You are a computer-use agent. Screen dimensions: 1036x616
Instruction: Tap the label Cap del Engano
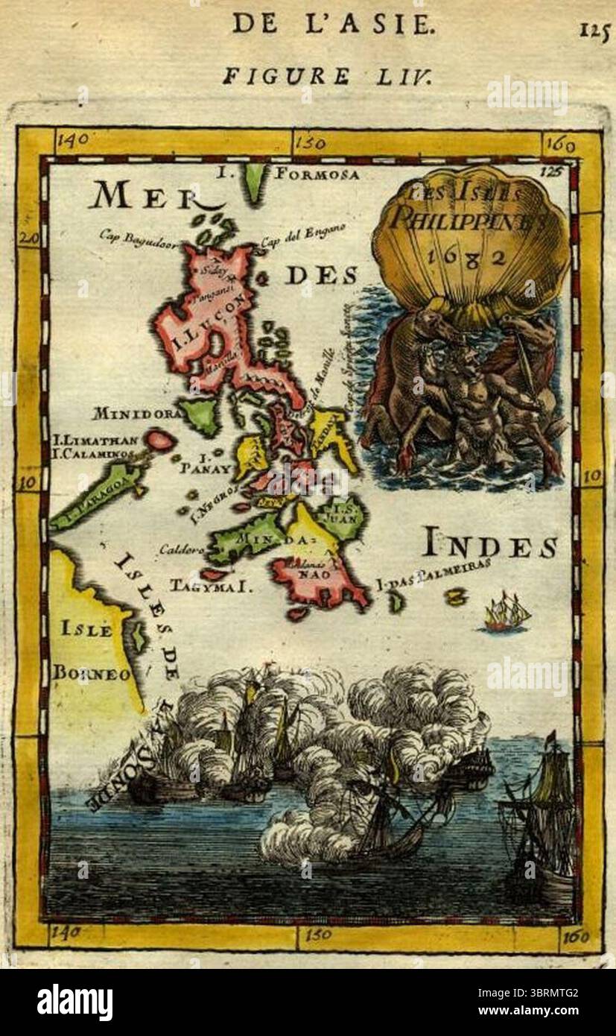pyautogui.click(x=302, y=233)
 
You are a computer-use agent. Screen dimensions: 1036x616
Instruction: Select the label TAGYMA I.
pyautogui.click(x=212, y=587)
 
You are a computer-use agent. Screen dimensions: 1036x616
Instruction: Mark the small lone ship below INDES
pyautogui.click(x=507, y=613)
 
